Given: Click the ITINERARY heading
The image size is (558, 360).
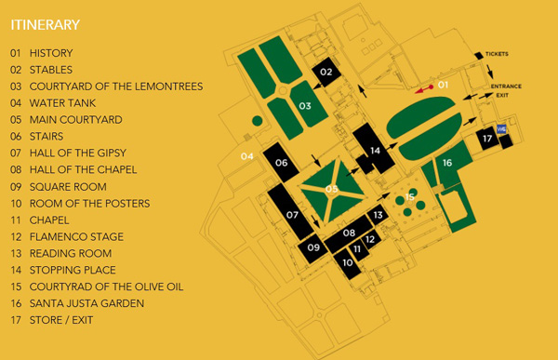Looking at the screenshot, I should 45,24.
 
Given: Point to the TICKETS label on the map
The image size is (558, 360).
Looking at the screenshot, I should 497,54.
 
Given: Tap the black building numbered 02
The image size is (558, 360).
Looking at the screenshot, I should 326,72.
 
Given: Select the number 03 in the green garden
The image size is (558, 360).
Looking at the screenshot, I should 304,106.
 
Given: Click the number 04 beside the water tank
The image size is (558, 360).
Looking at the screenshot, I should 247,155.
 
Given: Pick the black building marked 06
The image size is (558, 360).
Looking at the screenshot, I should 281,163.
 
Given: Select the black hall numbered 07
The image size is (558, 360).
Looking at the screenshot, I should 292,215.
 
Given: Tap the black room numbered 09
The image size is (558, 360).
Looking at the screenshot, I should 313,247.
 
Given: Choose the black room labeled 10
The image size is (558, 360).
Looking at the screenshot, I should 348,262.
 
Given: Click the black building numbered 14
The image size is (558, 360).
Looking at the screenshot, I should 375,150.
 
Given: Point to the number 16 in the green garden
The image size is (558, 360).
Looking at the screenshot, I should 447,163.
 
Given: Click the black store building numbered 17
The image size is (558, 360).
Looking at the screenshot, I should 486,138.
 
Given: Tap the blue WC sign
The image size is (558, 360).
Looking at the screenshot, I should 502,130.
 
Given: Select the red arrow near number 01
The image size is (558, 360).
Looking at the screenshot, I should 423,89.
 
